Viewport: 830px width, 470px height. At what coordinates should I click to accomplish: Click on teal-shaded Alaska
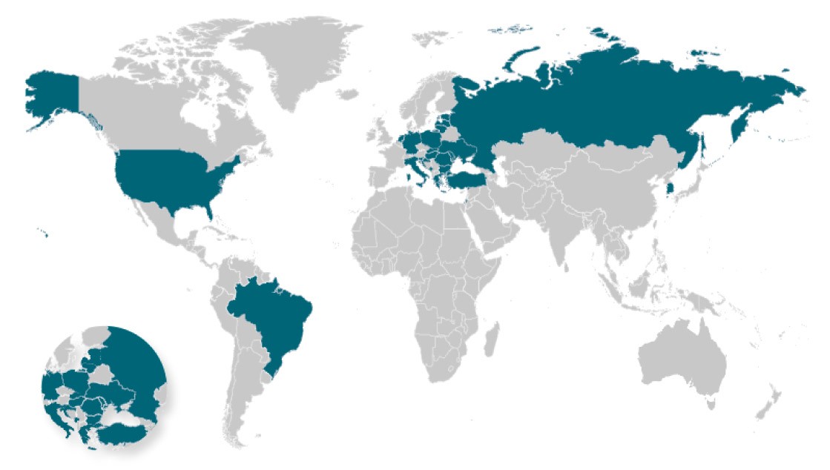[x=52, y=96]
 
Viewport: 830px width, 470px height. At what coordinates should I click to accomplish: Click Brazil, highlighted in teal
[x=274, y=319]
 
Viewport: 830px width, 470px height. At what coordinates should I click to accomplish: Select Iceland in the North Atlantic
[x=347, y=95]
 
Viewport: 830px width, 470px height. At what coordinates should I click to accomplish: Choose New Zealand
[x=768, y=404]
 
